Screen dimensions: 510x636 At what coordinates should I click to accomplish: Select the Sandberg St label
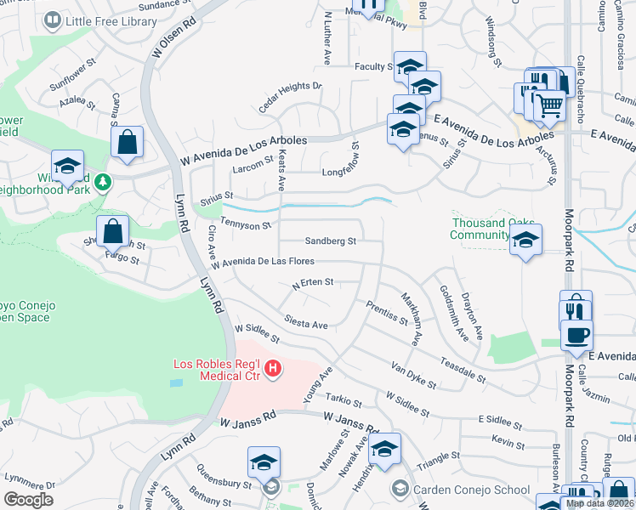click(x=330, y=241)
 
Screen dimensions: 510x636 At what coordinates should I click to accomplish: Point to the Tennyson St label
click(x=245, y=224)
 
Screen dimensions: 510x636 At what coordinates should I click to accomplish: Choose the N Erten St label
click(x=313, y=282)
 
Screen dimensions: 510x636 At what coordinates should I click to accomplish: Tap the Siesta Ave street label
click(x=307, y=325)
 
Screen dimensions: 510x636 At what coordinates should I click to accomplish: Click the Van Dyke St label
click(x=414, y=375)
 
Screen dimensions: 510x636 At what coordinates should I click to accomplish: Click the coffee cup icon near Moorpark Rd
click(x=577, y=334)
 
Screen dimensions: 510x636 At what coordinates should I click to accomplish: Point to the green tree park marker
click(x=103, y=182)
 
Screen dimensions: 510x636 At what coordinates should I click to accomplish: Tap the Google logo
click(x=28, y=499)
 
